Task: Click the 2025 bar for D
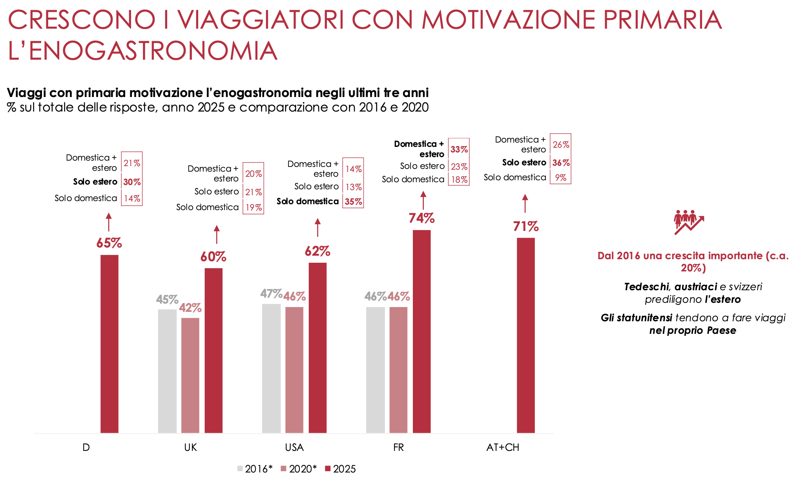pos(109,344)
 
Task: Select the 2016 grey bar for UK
pos(167,371)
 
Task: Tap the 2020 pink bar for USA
pos(294,370)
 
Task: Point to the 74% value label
pos(421,218)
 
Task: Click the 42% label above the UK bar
pos(190,308)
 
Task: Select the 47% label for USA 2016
pos(271,293)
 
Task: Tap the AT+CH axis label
pos(502,448)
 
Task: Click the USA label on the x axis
pos(294,448)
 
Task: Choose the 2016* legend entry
pos(255,469)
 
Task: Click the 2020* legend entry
pos(299,469)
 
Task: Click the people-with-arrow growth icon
pos(689,222)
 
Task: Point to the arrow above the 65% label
pos(109,222)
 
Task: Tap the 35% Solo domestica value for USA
pos(353,201)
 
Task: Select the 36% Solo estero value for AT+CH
pos(561,163)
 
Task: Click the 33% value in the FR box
pos(459,149)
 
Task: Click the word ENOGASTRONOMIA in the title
pos(153,51)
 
